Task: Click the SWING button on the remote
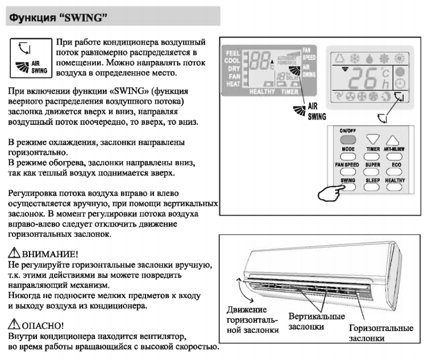click(347, 186)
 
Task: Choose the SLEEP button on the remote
click(372, 186)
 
